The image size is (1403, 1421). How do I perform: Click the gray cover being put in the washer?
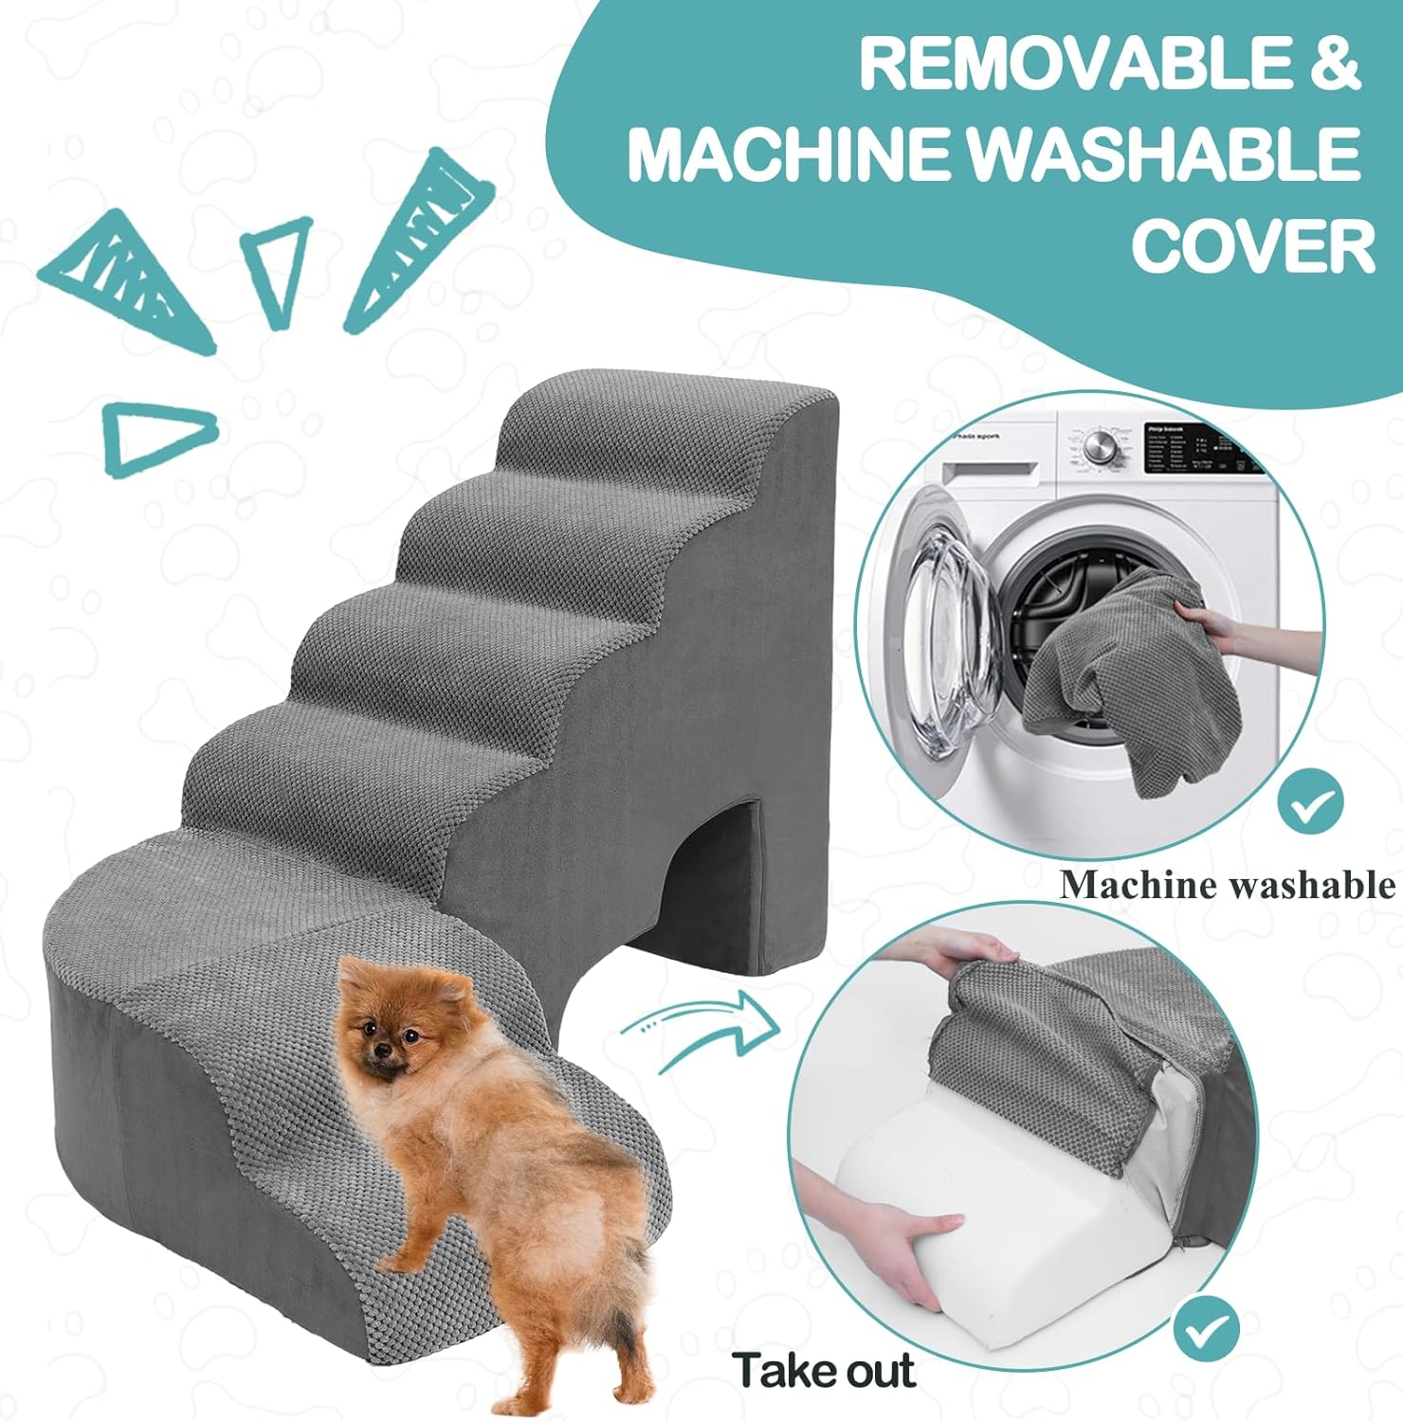point(1100,682)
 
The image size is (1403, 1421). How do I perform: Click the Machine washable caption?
point(1227,885)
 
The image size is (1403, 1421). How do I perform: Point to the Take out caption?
point(823,1370)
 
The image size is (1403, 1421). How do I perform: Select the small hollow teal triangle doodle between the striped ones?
point(277,268)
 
